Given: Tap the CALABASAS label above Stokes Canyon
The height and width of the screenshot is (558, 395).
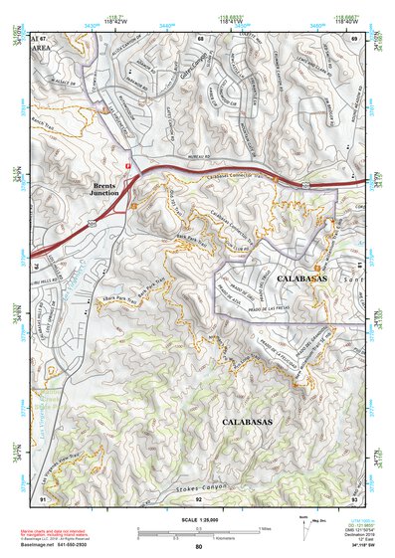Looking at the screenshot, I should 243,422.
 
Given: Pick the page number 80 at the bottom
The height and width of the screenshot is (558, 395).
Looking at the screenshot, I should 198,547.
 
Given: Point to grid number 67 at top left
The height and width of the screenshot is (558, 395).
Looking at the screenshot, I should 44,38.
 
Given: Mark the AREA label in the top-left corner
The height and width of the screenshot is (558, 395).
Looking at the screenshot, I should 41,47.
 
